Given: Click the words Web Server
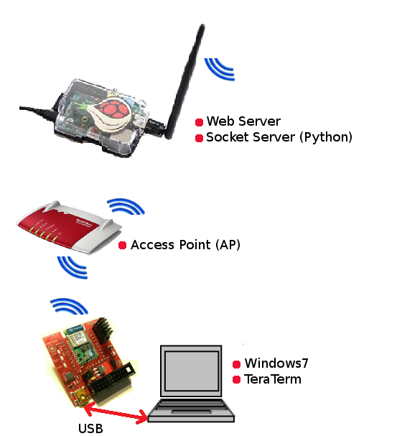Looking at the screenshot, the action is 243,121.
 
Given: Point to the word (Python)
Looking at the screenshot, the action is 326,137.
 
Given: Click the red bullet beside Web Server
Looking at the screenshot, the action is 199,122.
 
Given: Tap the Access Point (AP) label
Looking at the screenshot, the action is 185,245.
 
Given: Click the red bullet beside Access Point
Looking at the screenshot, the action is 122,245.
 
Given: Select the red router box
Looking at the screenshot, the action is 69,227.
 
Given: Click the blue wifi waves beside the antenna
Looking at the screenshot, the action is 219,70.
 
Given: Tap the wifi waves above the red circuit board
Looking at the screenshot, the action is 70,305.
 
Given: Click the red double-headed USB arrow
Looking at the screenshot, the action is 116,413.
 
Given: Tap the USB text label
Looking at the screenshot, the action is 90,429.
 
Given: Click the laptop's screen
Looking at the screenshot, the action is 191,370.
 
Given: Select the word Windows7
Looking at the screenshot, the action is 276,363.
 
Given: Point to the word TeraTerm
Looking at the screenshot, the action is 273,379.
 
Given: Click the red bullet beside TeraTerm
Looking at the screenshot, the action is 236,380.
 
